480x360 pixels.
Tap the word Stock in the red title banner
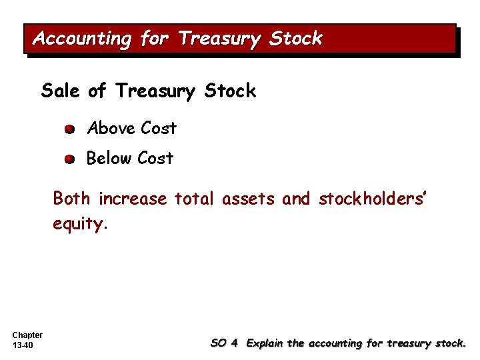pyautogui.click(x=295, y=39)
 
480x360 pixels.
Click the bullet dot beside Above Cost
pyautogui.click(x=70, y=129)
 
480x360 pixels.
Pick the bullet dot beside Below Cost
pyautogui.click(x=70, y=159)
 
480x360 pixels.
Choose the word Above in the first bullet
pyautogui.click(x=111, y=128)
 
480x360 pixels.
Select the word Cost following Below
pyautogui.click(x=155, y=159)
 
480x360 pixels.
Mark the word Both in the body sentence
pyautogui.click(x=73, y=199)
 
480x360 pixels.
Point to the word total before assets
pyautogui.click(x=194, y=199)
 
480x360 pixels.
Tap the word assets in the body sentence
pyautogui.click(x=248, y=199)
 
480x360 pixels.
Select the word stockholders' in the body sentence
pyautogui.click(x=372, y=199)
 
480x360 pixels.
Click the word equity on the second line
pyautogui.click(x=78, y=225)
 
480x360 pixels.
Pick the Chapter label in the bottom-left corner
pyautogui.click(x=27, y=335)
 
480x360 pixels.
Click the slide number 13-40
pyautogui.click(x=23, y=345)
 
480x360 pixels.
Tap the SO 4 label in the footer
pyautogui.click(x=224, y=343)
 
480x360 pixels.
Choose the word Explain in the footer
pyautogui.click(x=265, y=343)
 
